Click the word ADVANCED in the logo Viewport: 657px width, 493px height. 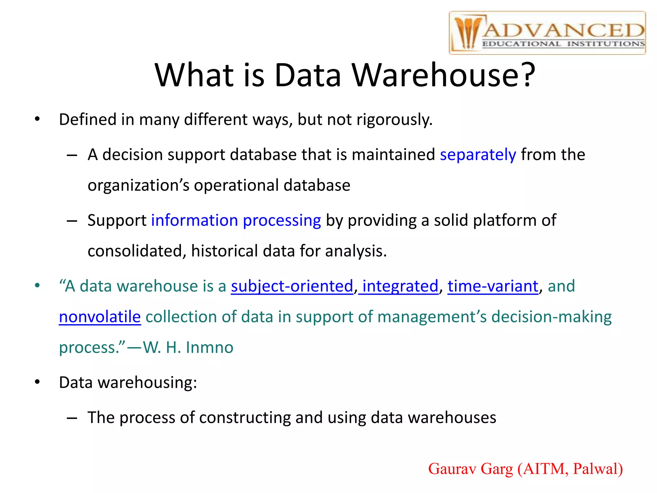[564, 30]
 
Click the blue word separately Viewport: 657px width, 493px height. [478, 155]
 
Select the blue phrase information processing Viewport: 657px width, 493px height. [236, 221]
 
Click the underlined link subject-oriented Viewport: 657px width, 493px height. [292, 286]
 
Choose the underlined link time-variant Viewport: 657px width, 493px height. [493, 286]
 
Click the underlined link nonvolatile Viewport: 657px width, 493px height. [100, 317]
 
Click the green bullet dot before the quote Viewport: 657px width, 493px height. [38, 285]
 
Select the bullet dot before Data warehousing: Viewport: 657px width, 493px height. [38, 382]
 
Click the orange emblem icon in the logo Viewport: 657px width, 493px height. [467, 33]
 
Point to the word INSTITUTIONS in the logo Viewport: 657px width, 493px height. [606, 44]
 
